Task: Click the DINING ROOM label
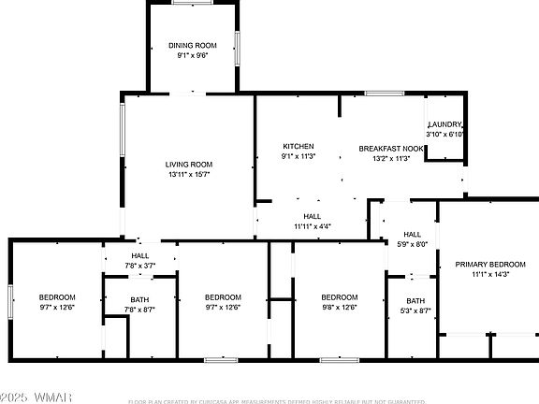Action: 193,45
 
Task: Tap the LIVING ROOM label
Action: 189,164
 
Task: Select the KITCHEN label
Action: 299,146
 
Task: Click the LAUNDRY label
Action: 444,124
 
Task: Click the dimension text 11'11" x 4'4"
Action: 312,226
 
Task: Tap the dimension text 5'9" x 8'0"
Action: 413,244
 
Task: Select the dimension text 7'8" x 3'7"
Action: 139,266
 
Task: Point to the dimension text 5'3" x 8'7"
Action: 415,310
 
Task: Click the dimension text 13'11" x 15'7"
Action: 189,174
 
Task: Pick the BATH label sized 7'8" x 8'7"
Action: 139,299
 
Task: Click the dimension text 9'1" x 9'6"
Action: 193,55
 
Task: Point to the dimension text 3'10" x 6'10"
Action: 444,135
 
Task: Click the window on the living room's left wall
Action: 122,130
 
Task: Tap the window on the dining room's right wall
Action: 237,47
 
